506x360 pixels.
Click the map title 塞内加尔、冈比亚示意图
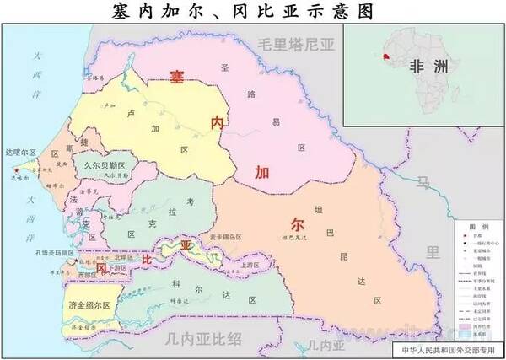tap(253, 11)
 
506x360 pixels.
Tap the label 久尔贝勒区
tap(104, 165)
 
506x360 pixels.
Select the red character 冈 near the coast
tap(100, 268)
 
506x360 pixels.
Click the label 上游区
tap(250, 264)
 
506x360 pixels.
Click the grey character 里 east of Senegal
tap(433, 251)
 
